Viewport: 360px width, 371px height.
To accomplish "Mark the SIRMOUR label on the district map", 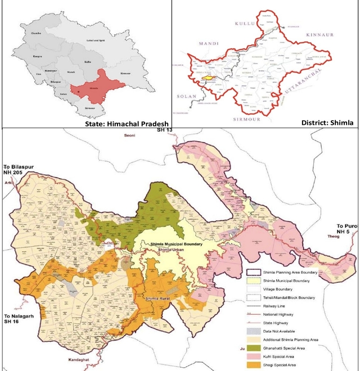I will tap(251, 120).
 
